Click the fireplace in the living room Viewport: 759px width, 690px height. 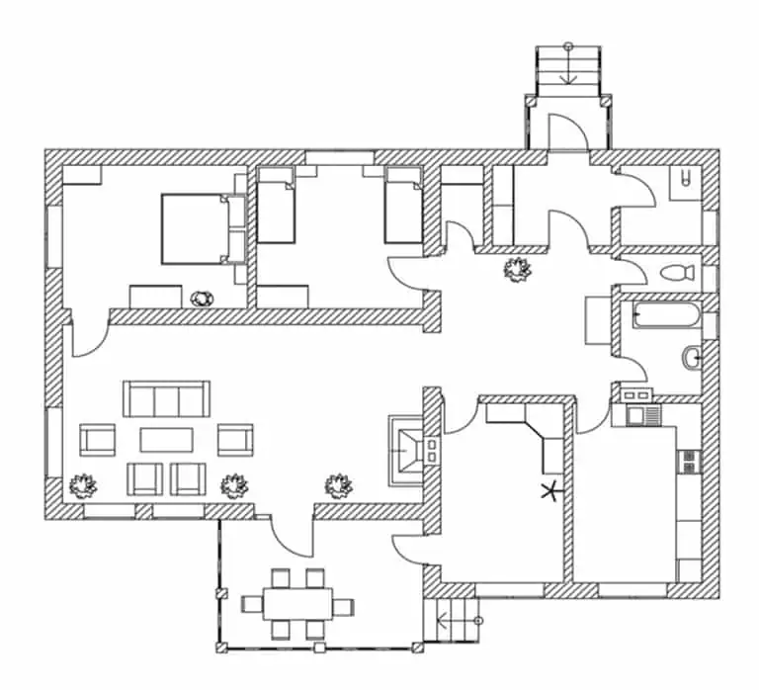(409, 451)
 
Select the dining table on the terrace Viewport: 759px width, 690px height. (292, 604)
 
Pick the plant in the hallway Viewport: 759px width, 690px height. (515, 269)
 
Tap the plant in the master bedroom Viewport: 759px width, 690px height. (203, 298)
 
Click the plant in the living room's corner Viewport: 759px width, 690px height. (81, 486)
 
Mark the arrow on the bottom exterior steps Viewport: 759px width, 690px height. (453, 621)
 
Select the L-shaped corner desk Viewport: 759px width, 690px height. (534, 431)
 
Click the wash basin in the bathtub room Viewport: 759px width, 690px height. (691, 356)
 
